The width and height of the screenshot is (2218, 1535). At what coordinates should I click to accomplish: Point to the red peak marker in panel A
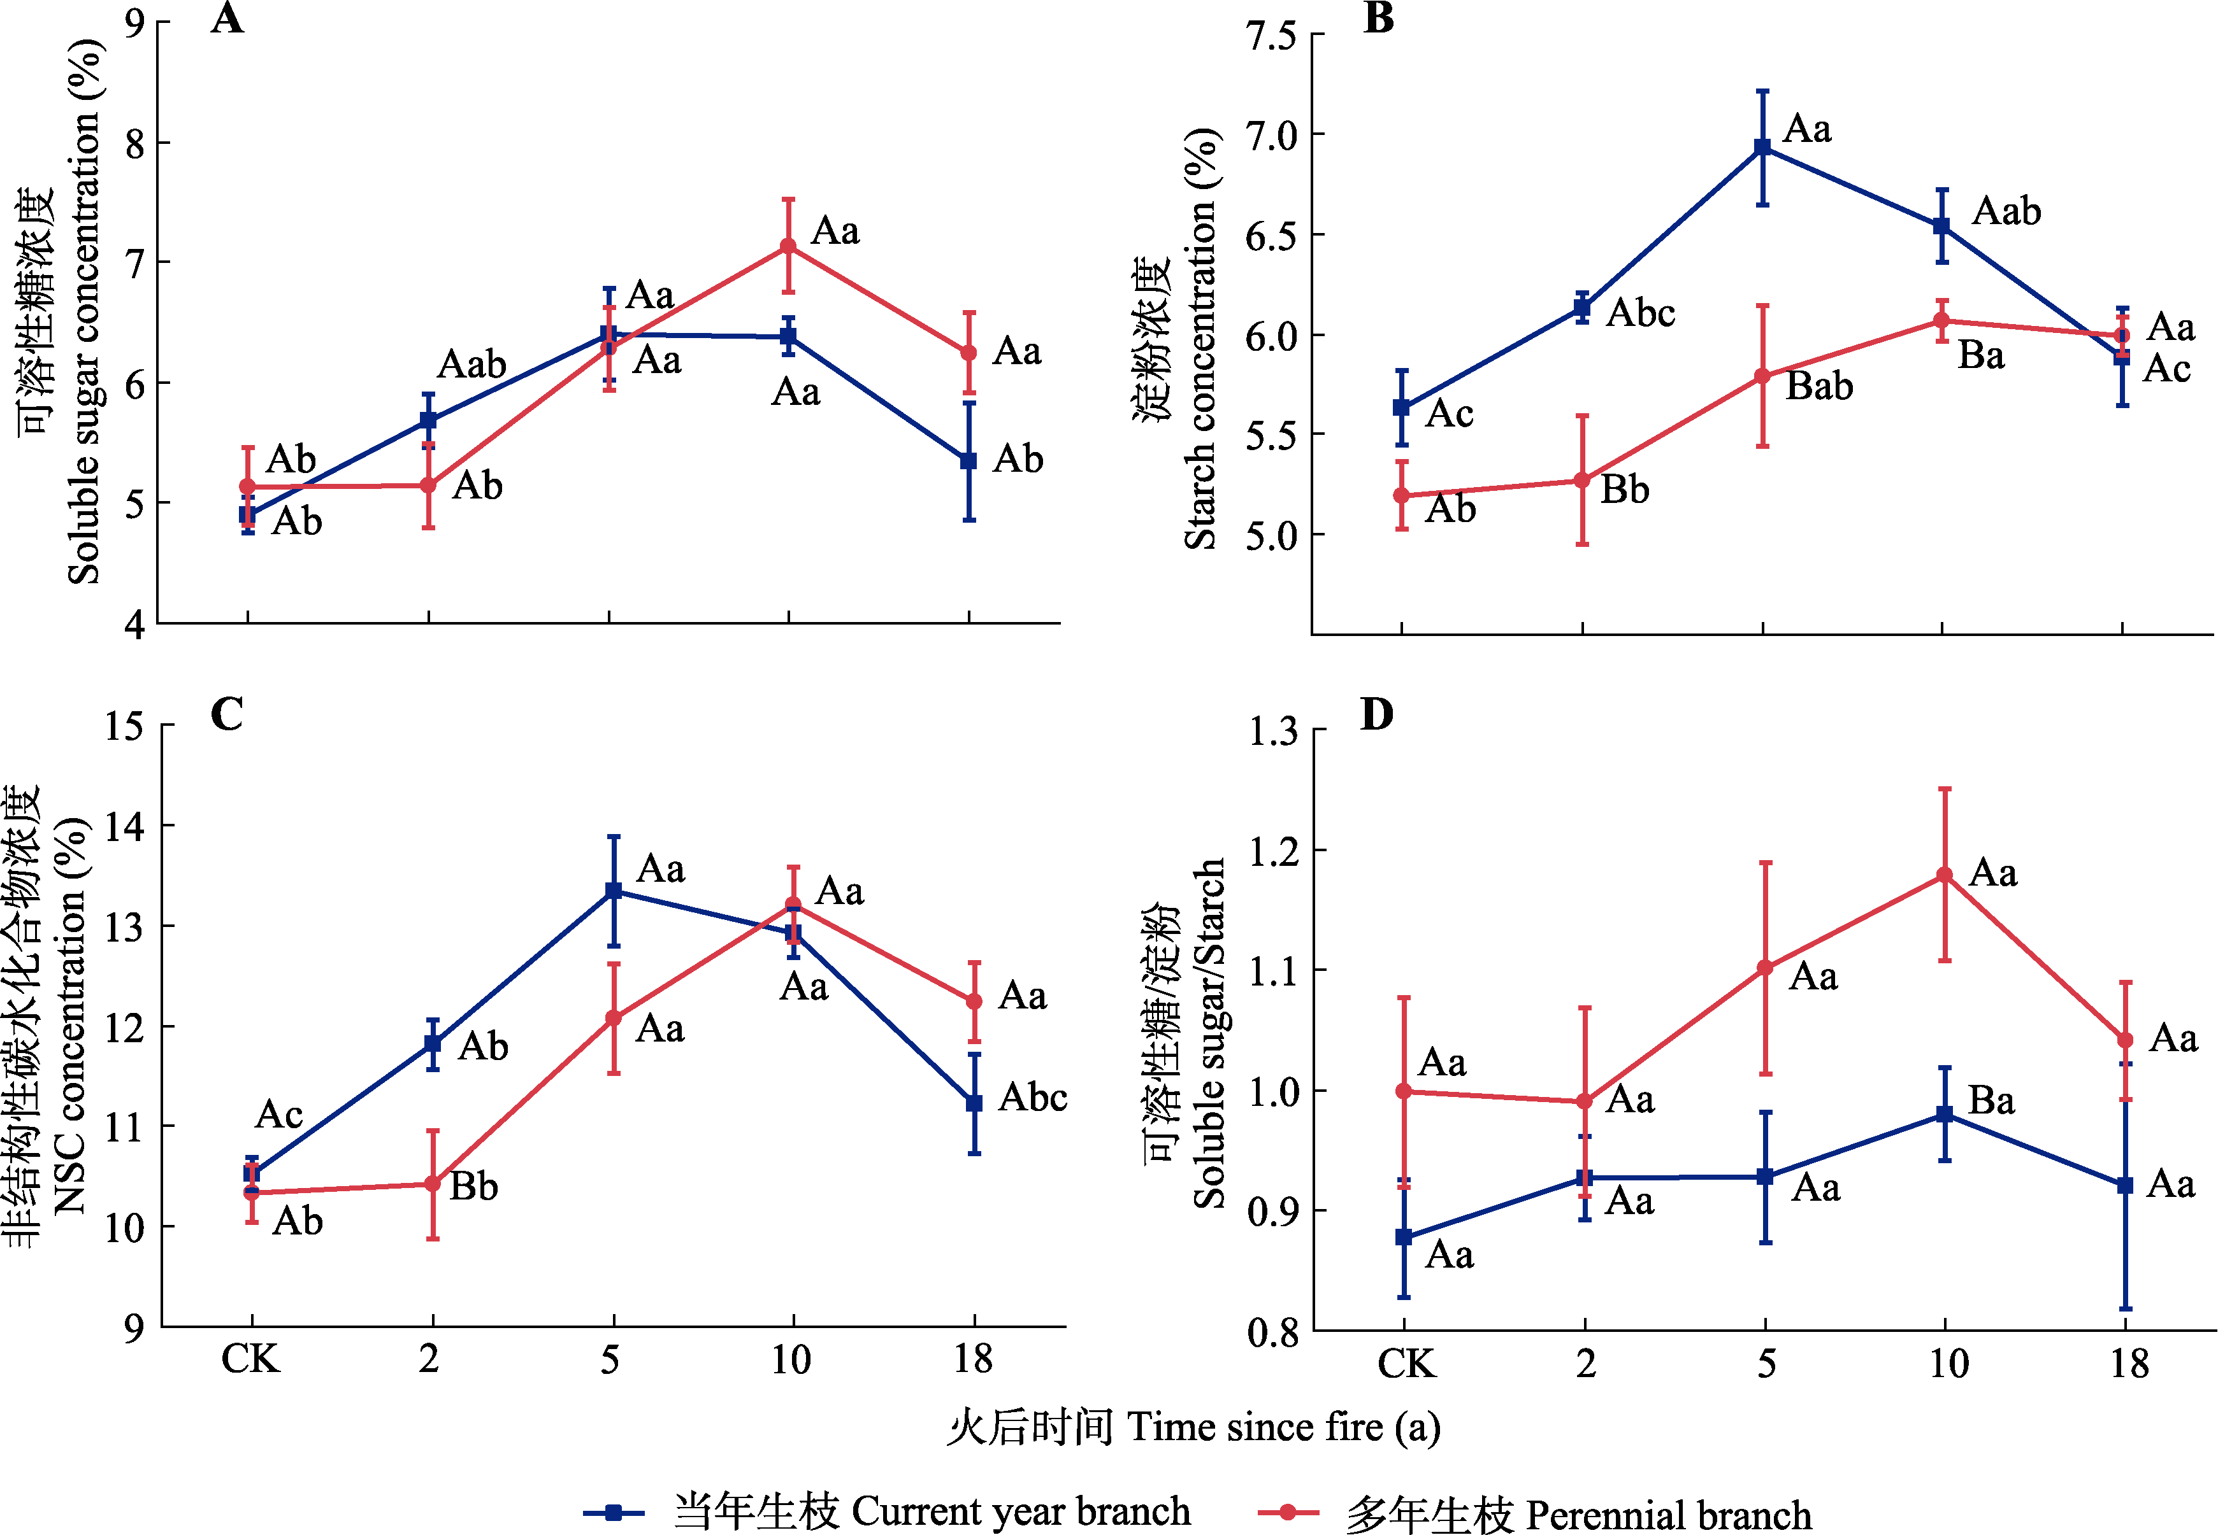[x=788, y=246]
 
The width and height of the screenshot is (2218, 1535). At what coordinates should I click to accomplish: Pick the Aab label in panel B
[x=2006, y=211]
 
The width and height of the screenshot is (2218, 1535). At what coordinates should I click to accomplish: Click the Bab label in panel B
[x=1818, y=386]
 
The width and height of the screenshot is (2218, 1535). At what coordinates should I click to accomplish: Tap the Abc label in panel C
[x=1032, y=1098]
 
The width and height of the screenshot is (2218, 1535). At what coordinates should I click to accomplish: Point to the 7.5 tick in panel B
[x=1270, y=36]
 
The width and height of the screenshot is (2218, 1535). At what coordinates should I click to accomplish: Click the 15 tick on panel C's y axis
[x=124, y=726]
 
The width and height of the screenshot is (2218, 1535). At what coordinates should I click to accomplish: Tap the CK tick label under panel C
[x=250, y=1359]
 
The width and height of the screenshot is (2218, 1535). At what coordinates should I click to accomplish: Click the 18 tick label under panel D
[x=2129, y=1364]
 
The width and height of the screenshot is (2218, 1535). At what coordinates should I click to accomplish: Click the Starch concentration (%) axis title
[x=1200, y=337]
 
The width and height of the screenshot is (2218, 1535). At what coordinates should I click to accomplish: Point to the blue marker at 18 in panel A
[x=969, y=462]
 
